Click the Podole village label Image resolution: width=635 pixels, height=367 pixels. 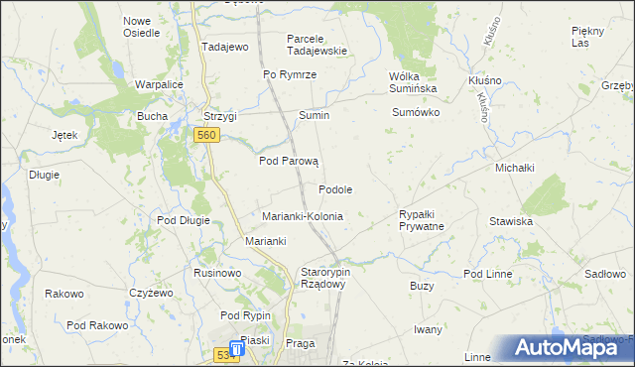tap(335, 189)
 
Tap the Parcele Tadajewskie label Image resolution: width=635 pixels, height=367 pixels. tap(317, 45)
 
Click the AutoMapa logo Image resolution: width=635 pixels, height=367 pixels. tap(572, 347)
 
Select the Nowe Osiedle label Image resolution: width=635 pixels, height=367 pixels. tap(141, 26)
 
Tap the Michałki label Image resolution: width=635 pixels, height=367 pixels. tap(516, 168)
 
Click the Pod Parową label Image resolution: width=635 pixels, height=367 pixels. tap(288, 161)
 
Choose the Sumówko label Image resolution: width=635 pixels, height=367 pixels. tap(416, 113)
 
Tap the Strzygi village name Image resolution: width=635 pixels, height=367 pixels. tap(220, 116)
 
